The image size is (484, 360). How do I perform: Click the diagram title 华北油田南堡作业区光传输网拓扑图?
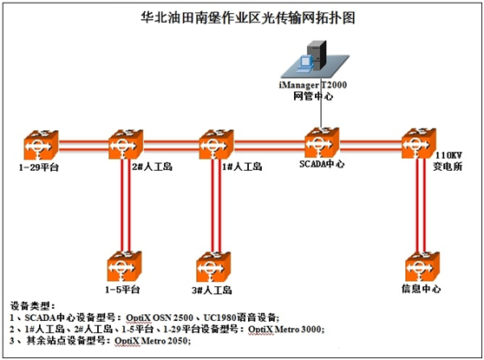(x=248, y=17)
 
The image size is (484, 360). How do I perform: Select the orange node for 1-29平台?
(x=41, y=145)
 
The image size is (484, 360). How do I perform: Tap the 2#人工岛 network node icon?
(x=126, y=145)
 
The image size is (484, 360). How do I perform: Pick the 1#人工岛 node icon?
(x=216, y=145)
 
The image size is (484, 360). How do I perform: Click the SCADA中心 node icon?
(x=322, y=143)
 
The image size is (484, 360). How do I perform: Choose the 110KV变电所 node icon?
(x=419, y=143)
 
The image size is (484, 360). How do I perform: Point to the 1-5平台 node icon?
(x=124, y=266)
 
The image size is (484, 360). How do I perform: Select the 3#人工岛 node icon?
(x=213, y=267)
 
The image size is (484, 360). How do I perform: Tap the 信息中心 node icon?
(x=422, y=266)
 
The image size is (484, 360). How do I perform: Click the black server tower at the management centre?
(x=317, y=55)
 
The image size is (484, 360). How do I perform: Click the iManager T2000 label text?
(x=312, y=85)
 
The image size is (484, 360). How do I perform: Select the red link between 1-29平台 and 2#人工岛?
(x=83, y=146)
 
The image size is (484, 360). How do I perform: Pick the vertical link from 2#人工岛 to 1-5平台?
(x=126, y=206)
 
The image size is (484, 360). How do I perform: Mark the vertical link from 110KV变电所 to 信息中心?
(x=421, y=205)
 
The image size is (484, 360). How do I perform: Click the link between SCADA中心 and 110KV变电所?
(x=370, y=146)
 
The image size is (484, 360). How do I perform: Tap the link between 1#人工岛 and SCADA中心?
(x=269, y=146)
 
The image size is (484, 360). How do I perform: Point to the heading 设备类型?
(x=32, y=305)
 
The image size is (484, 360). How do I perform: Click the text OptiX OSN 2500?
(x=160, y=317)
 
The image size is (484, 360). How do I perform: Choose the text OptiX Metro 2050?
(x=151, y=341)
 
